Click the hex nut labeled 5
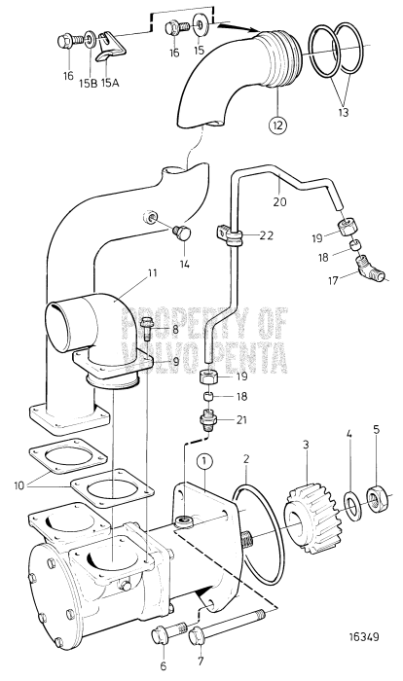coord(348,504)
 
